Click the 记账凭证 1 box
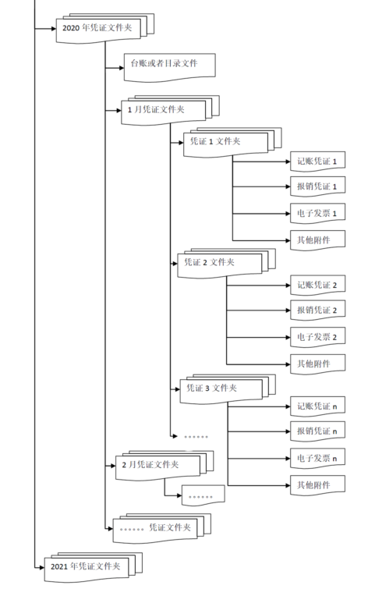point(317,162)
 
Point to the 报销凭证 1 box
point(317,187)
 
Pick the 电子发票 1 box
point(317,214)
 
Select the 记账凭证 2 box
point(317,286)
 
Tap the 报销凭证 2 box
point(317,310)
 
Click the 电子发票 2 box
point(317,337)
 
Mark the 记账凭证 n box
point(317,406)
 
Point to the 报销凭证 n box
point(317,431)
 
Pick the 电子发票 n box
point(317,459)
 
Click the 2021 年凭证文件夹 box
point(87,566)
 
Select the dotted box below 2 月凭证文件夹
point(203,495)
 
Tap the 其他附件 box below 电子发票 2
point(317,364)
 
